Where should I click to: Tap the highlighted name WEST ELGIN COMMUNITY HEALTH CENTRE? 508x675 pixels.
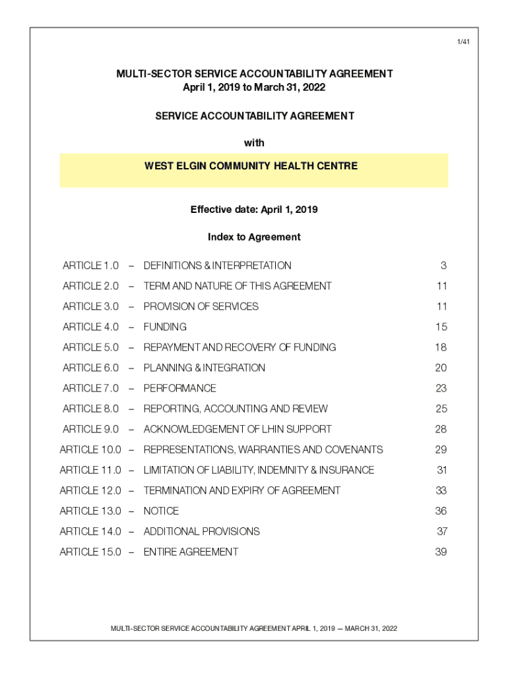251,166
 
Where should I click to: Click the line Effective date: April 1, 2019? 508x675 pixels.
254,210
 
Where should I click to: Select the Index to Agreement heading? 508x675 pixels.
254,237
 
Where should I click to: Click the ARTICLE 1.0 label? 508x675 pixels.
90,266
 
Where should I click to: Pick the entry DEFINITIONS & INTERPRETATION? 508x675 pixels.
217,266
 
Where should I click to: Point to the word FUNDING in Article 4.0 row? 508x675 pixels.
165,327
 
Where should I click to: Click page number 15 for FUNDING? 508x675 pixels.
441,327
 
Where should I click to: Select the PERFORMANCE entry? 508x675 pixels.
179,388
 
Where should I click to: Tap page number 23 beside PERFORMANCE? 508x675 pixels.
441,388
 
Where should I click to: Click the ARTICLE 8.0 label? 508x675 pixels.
90,409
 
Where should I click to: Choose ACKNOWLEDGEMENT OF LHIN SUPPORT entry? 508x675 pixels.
238,429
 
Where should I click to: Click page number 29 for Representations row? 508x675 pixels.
441,450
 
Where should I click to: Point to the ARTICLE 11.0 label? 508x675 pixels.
90,470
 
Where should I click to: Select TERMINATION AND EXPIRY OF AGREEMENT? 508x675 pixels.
241,490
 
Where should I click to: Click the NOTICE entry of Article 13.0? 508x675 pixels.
161,511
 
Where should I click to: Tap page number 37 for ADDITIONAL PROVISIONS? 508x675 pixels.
441,531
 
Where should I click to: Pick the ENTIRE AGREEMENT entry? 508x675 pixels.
191,552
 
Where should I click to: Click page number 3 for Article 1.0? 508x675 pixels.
444,266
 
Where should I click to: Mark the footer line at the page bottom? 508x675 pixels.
254,628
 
